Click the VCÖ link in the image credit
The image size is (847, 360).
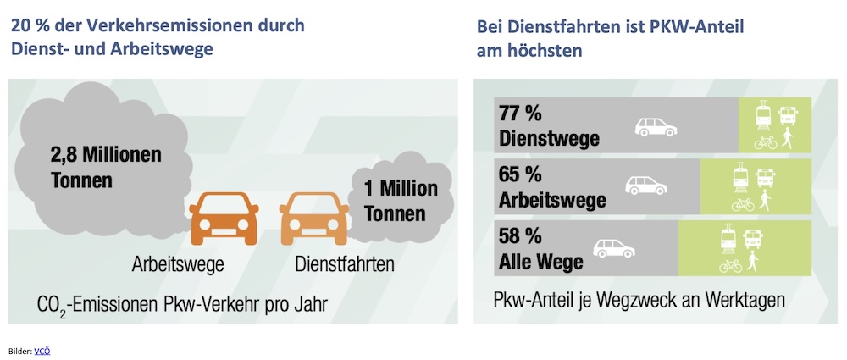[x=42, y=349]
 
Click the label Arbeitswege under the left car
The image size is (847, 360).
[x=177, y=264]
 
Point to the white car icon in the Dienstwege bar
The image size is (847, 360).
[x=657, y=127]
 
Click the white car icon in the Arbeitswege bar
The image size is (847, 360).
[x=645, y=186]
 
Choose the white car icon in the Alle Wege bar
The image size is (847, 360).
[x=613, y=248]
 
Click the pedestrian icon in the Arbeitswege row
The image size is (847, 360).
[x=767, y=202]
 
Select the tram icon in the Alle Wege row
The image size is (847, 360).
[x=726, y=239]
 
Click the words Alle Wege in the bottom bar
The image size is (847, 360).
[x=542, y=262]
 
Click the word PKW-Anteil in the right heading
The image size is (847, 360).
[x=678, y=25]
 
